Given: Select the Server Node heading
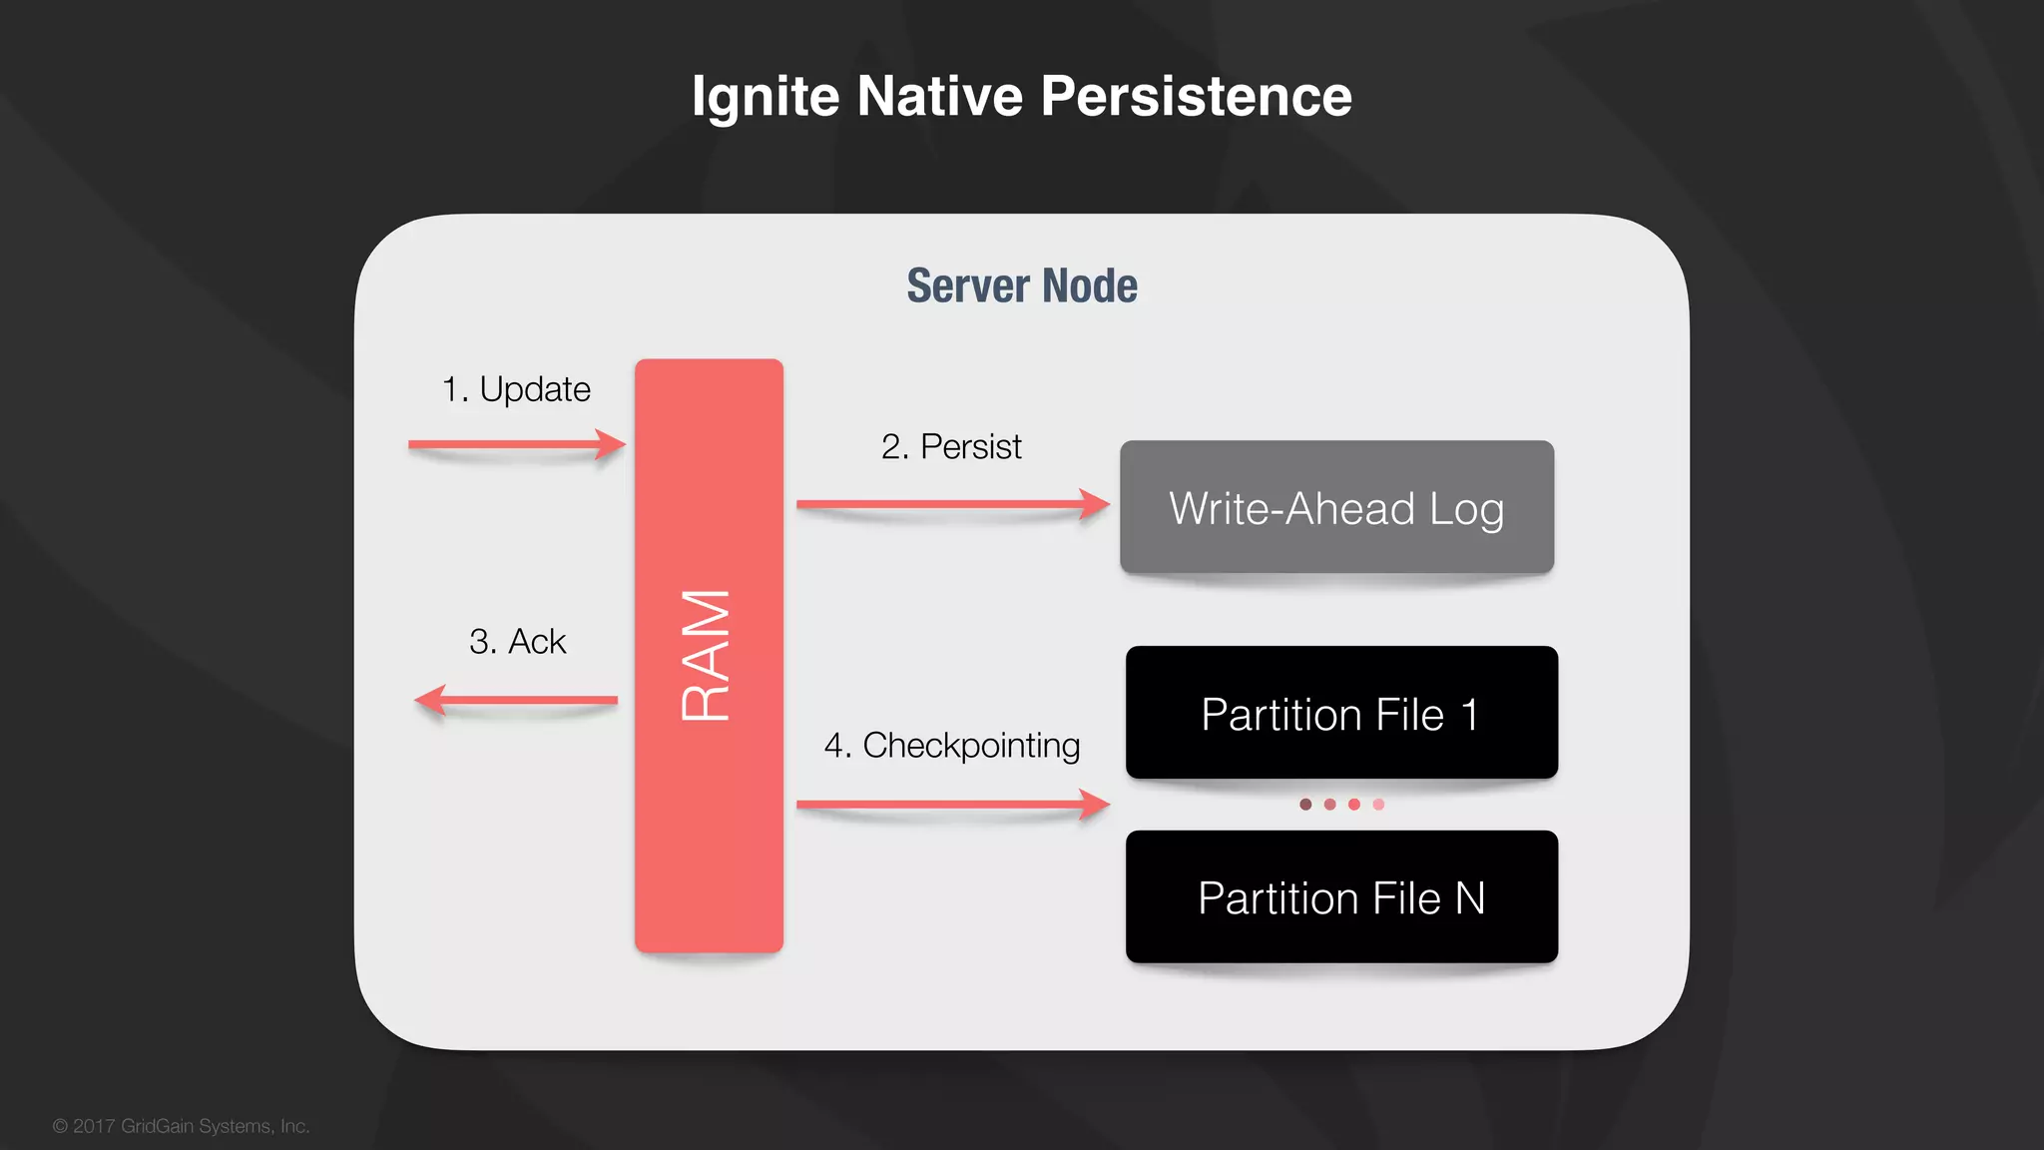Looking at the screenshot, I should [1021, 286].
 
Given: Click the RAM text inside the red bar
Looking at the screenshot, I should [707, 655].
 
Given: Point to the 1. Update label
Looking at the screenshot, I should [516, 389].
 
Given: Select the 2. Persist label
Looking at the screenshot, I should [951, 447].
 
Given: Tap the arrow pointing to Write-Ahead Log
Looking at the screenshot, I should [952, 504].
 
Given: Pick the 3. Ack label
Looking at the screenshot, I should [517, 641].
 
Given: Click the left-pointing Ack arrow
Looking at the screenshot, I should [516, 700].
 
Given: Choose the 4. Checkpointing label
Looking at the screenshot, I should [951, 746].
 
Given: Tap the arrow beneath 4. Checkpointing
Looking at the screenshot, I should [952, 804].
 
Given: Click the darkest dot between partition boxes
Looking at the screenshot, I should [1305, 805].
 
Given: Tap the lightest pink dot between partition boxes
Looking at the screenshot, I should [1378, 805].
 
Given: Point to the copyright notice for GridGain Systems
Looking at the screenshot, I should [181, 1126].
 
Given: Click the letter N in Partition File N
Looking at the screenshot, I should [1470, 898].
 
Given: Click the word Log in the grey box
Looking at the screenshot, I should [1466, 510].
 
